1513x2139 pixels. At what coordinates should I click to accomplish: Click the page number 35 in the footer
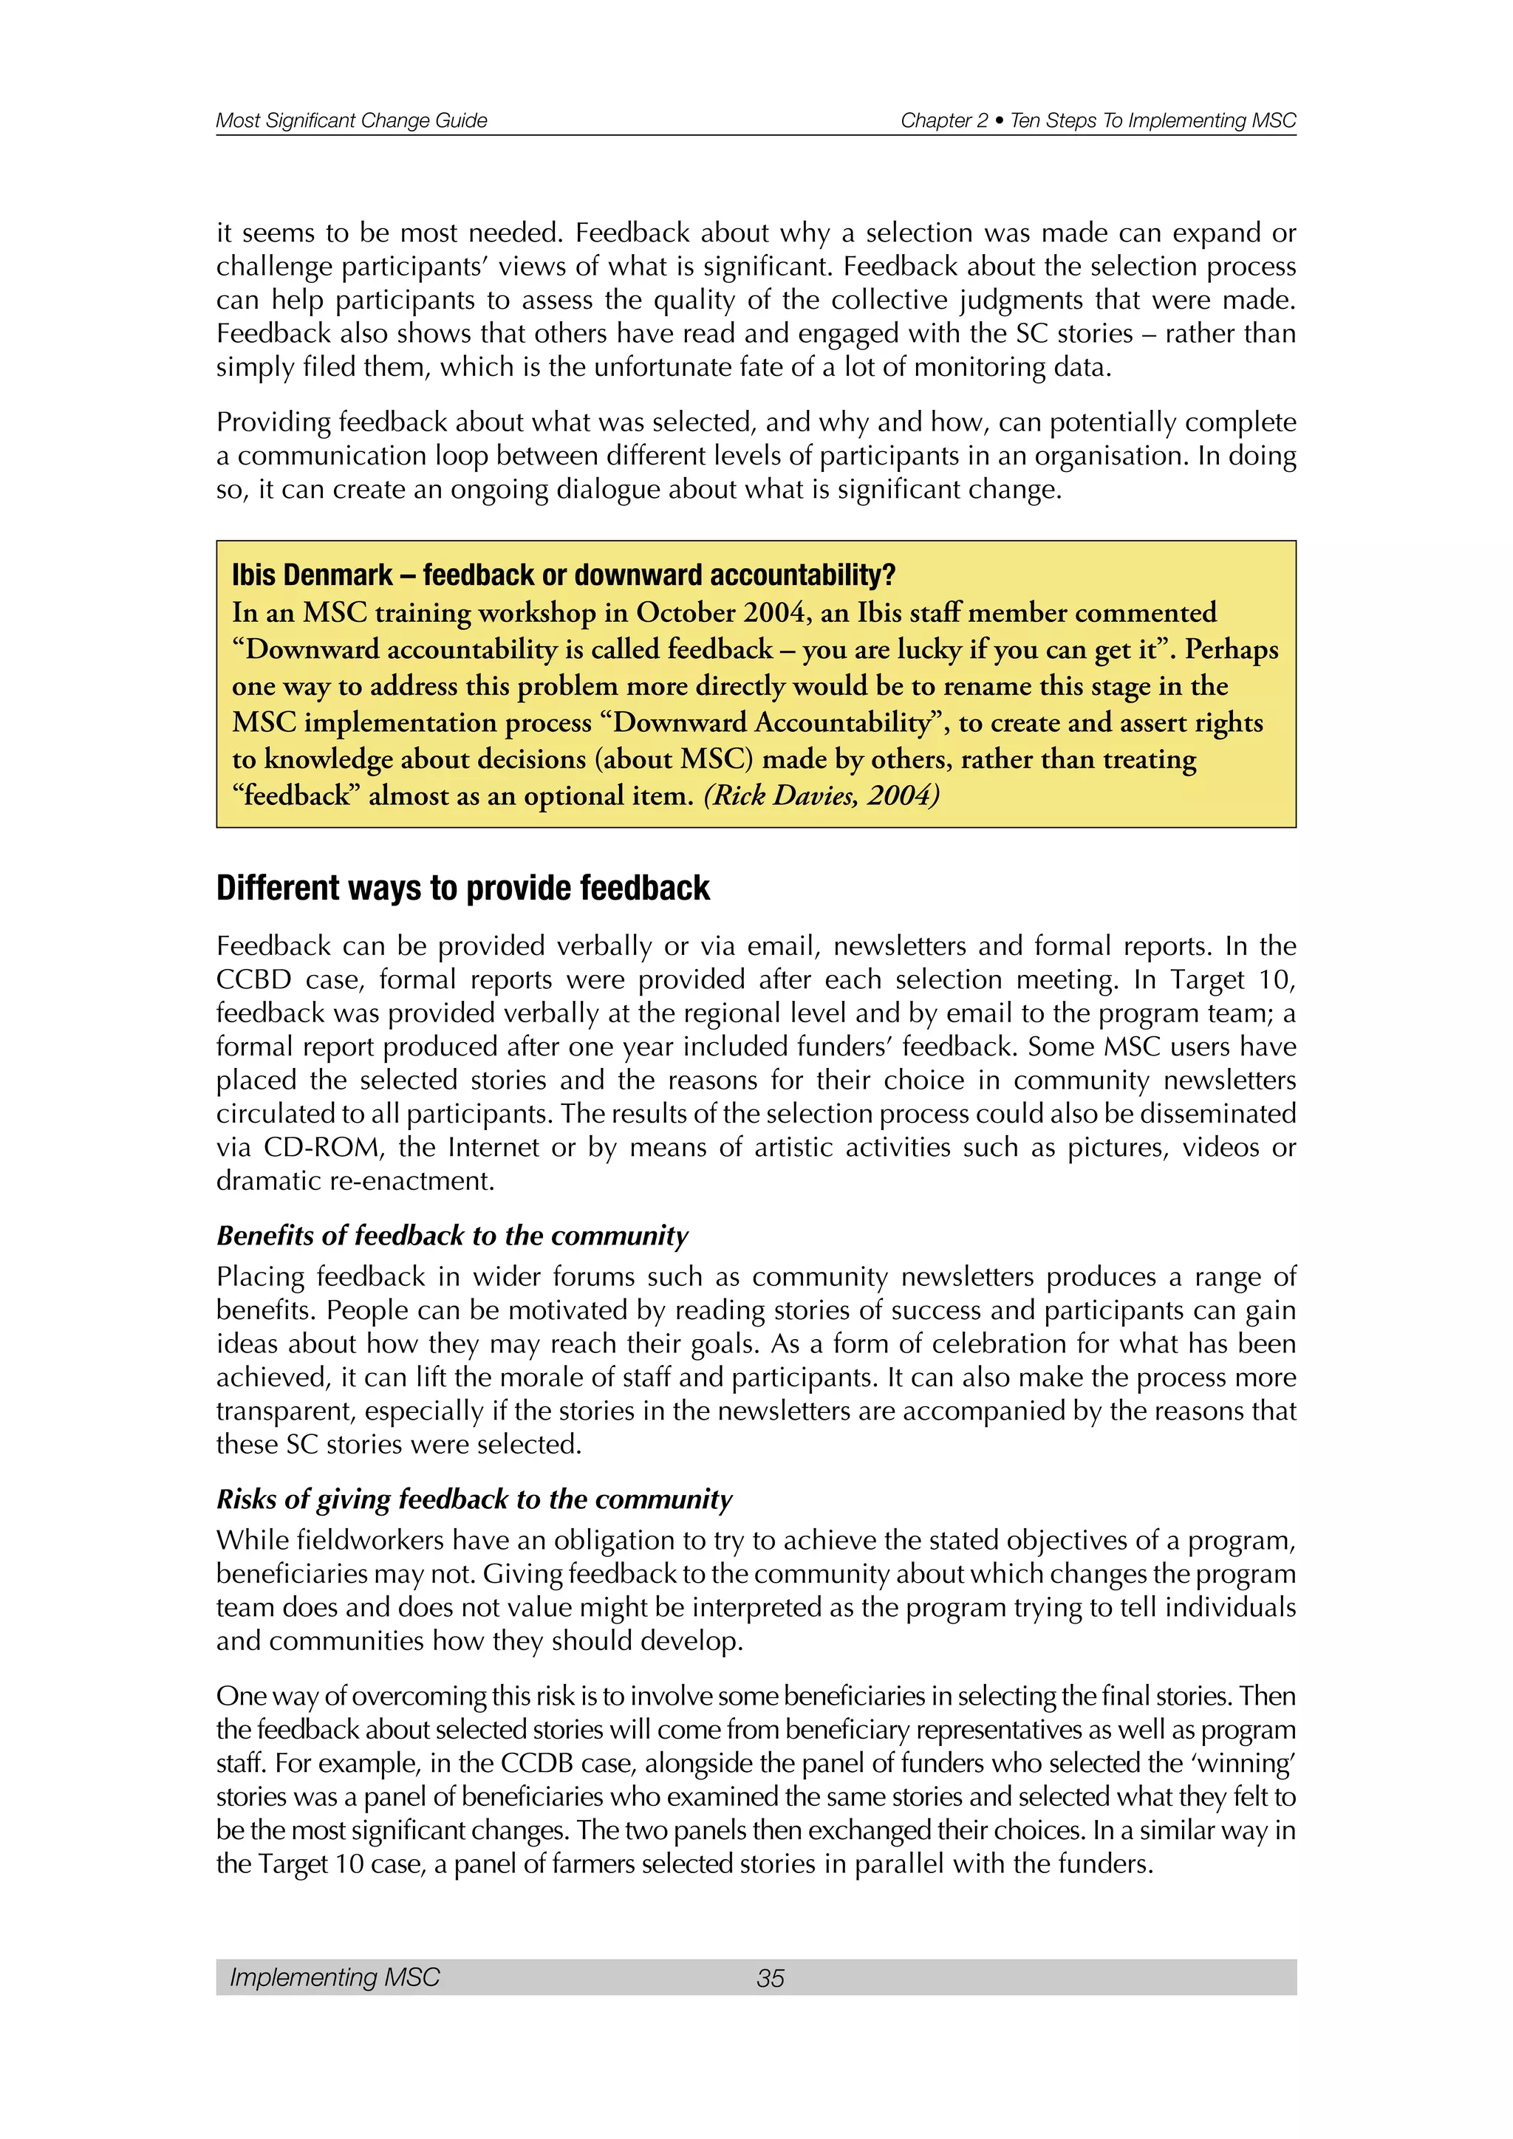point(771,1978)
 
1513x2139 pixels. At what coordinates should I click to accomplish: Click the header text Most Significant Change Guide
point(351,120)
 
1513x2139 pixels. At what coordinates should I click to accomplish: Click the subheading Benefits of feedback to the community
point(452,1236)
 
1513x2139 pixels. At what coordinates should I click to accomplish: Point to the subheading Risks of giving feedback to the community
point(474,1499)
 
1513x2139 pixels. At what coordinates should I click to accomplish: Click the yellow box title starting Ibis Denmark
point(563,575)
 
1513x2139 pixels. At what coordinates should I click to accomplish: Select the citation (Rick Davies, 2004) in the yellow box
point(821,795)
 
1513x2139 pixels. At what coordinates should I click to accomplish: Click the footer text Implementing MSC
point(335,1977)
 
